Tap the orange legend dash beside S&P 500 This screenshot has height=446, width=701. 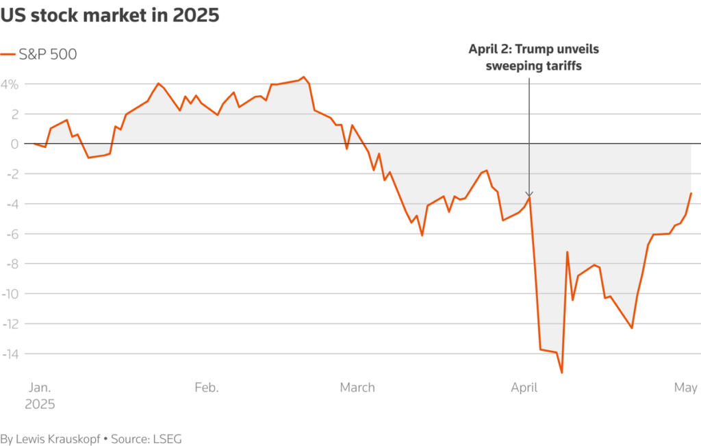8,55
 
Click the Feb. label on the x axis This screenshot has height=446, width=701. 207,388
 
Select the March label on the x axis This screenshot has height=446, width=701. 357,388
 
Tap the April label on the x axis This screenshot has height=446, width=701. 524,388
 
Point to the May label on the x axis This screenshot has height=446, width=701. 686,388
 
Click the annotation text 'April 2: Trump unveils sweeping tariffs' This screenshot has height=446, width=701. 529,58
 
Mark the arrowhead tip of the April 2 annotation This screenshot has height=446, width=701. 529,197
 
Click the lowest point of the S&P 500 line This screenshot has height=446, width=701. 562,373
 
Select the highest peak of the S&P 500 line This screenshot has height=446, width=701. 303,77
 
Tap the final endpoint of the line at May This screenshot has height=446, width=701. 691,193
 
